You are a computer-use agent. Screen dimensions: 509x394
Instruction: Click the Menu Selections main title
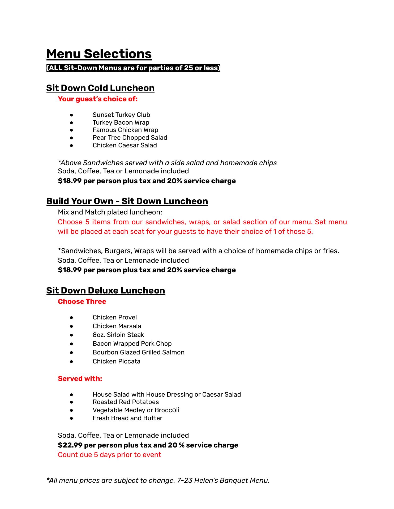click(99, 54)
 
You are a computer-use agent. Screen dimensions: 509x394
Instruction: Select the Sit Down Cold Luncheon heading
click(100, 88)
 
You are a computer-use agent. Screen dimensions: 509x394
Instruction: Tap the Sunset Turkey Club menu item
click(121, 115)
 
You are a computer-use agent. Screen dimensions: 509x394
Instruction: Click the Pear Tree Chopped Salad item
click(130, 138)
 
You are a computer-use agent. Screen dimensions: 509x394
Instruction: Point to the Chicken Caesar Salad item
click(125, 145)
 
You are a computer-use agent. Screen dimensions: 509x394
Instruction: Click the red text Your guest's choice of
click(98, 99)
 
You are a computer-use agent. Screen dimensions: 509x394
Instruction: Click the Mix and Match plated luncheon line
click(110, 212)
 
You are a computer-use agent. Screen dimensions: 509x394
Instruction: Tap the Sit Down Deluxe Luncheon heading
click(105, 291)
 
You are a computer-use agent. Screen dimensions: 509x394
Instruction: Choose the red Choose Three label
click(82, 302)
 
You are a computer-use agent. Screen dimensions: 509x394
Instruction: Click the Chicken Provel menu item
click(115, 317)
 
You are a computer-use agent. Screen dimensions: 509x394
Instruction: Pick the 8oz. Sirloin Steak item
click(118, 335)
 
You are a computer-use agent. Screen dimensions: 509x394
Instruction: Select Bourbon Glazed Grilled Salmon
click(138, 352)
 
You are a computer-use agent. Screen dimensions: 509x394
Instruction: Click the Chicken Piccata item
click(116, 361)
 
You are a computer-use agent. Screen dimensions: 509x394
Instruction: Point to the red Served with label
click(80, 379)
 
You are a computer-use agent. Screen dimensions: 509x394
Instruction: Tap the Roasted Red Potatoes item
click(126, 402)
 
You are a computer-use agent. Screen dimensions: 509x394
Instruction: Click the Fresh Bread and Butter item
click(127, 418)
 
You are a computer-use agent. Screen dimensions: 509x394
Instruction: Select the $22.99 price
click(70, 445)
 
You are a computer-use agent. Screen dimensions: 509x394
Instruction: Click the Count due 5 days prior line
click(109, 455)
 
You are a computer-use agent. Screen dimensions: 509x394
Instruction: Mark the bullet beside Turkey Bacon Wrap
click(71, 122)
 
